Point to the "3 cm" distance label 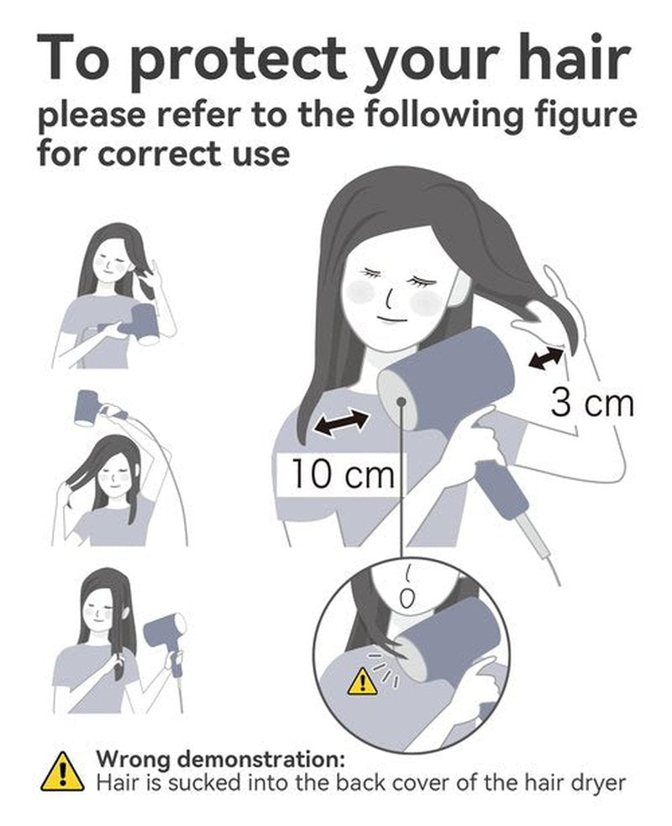[x=592, y=403]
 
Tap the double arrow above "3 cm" [x=546, y=358]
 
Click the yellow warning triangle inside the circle [x=361, y=681]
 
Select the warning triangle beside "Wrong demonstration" [x=62, y=771]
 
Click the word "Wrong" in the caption [x=134, y=759]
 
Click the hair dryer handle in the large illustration [x=503, y=492]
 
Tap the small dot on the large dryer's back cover [x=402, y=401]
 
